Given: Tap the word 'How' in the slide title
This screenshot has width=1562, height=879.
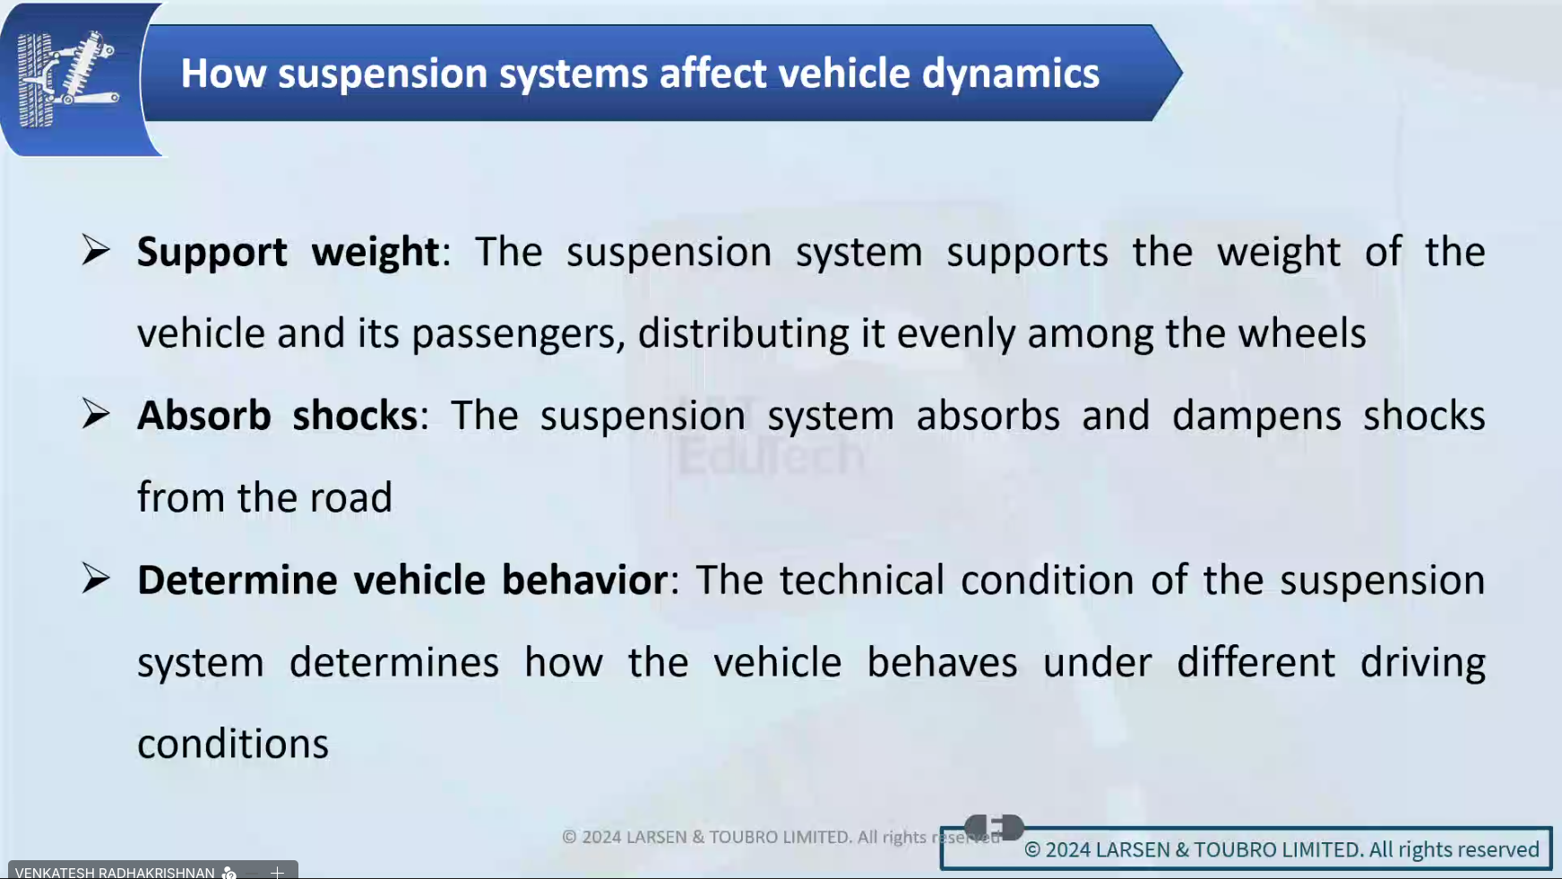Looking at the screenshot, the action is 223,73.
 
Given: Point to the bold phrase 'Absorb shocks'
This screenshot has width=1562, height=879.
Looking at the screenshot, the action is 278,416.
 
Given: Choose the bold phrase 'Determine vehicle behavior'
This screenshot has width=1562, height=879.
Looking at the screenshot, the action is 402,580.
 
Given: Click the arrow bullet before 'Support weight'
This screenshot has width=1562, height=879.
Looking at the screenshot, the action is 96,249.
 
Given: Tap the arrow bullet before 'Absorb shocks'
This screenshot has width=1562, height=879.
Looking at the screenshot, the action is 96,413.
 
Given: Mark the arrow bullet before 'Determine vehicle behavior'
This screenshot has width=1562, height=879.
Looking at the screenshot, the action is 96,578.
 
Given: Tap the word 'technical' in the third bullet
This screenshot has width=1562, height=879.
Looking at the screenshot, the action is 862,580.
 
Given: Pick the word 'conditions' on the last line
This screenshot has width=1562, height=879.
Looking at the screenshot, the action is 233,744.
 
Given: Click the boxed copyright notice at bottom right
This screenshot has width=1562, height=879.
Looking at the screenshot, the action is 1247,849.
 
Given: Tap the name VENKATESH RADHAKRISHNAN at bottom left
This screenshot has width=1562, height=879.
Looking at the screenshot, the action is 115,872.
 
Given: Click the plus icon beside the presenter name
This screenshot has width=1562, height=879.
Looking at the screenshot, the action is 277,872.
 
